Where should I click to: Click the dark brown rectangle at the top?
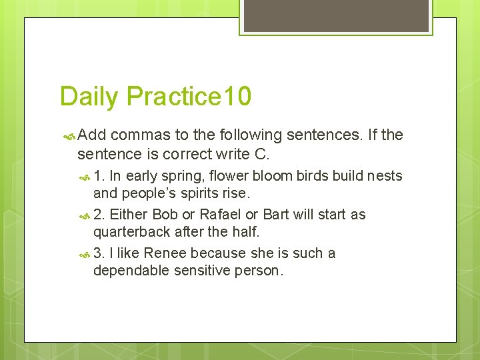pos(336,15)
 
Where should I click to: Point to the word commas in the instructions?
pos(141,135)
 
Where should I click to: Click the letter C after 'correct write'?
pos(261,155)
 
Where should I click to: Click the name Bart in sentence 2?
pos(276,215)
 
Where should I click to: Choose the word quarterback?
pos(132,233)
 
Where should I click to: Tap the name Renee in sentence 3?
pos(166,253)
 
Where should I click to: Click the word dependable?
pos(131,271)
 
